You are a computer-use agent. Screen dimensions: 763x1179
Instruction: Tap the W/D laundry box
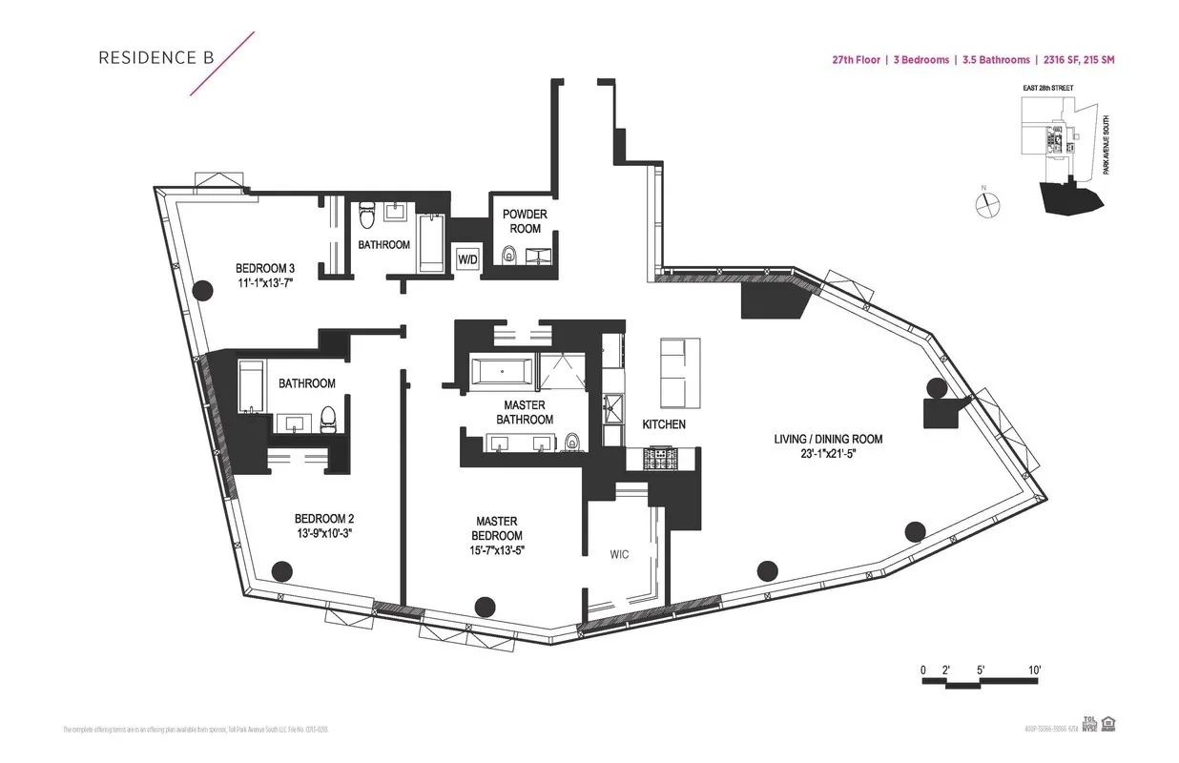tap(467, 259)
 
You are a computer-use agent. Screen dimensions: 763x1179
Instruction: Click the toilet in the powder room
tap(508, 255)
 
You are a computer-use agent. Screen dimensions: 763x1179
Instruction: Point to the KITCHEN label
tap(664, 424)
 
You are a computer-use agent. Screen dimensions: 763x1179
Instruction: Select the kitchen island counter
tap(673, 374)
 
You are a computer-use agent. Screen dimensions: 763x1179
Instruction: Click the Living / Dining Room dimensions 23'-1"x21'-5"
tap(828, 456)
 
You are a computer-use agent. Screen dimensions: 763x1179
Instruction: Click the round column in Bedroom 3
tap(201, 292)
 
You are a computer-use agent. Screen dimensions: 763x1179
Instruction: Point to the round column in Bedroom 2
tap(280, 571)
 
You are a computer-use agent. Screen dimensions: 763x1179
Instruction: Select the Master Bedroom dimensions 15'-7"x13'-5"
tap(496, 549)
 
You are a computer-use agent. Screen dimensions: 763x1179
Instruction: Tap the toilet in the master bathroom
tap(572, 442)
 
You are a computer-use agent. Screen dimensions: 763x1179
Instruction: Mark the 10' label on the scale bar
tap(1033, 670)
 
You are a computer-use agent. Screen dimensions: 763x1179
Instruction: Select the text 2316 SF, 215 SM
tap(1079, 60)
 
